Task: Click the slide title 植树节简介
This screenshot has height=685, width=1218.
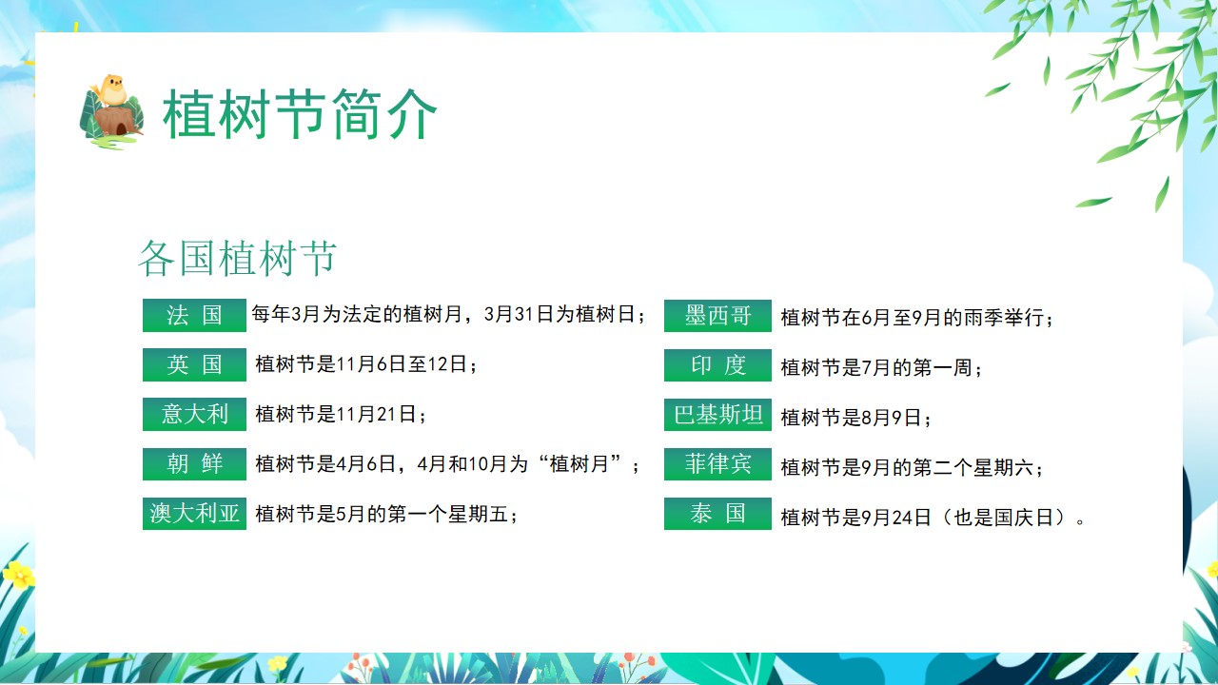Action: point(300,115)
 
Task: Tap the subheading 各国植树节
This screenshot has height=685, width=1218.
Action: point(238,258)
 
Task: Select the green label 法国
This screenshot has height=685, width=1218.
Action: point(194,315)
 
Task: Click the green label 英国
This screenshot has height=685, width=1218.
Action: point(194,364)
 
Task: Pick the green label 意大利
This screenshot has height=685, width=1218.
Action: point(194,414)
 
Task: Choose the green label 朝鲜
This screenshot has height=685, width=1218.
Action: point(194,463)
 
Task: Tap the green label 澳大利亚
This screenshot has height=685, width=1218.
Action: point(194,514)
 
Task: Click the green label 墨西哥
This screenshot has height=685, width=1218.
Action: point(717,315)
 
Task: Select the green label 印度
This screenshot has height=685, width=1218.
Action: point(717,365)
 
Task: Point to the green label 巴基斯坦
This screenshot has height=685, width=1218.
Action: point(717,415)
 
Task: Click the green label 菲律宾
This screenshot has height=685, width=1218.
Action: point(717,464)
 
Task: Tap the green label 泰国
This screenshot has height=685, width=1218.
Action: point(717,514)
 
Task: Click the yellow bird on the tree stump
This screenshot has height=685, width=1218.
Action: point(111,90)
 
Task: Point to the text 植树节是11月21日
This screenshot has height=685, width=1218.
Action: point(336,414)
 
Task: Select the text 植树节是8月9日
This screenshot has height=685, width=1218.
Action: point(851,418)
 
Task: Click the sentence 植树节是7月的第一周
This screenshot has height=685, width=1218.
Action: point(876,368)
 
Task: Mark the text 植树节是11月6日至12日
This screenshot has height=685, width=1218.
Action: point(361,364)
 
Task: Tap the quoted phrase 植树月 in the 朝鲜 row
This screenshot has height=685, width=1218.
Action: point(579,464)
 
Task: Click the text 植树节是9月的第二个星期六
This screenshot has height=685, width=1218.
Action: point(907,467)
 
